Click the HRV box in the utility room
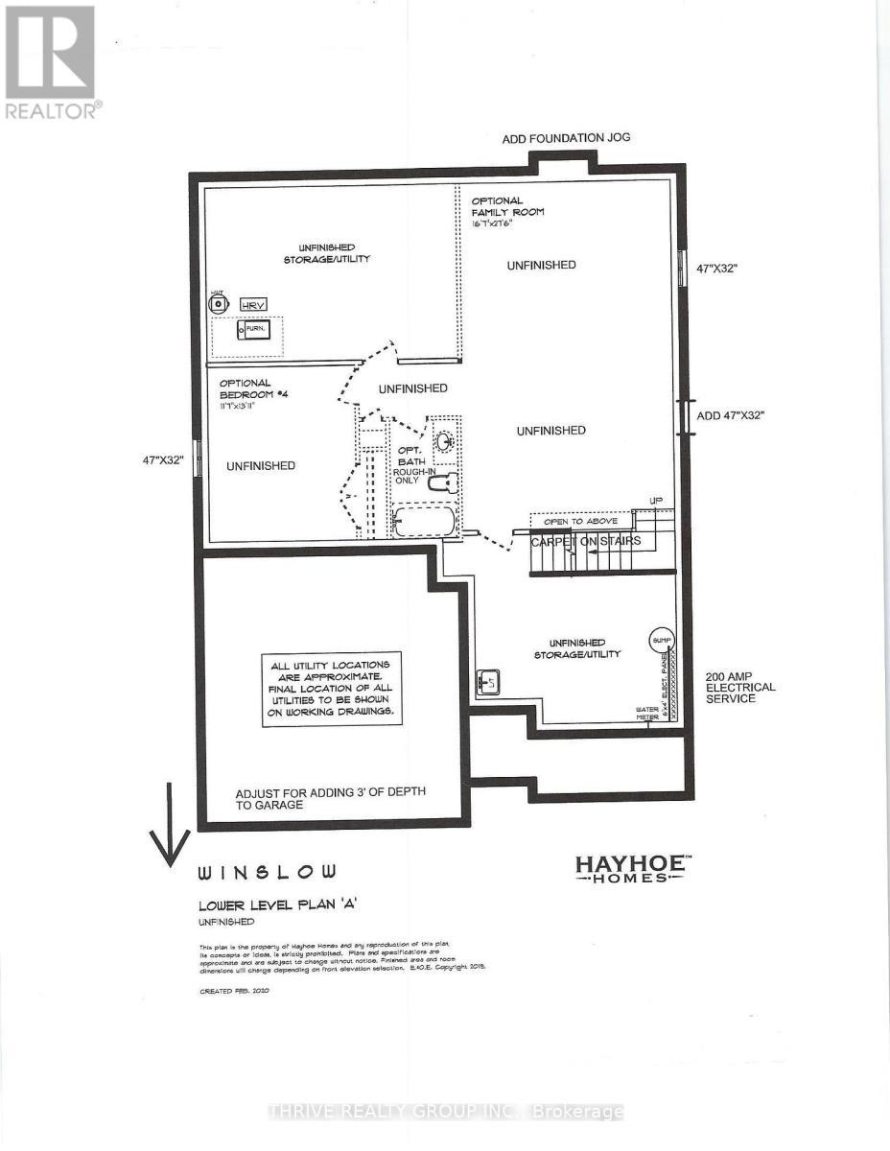[x=254, y=304]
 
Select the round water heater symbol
[x=220, y=304]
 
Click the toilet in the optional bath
[x=439, y=485]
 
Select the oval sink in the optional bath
[x=444, y=442]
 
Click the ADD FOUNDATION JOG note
[x=566, y=139]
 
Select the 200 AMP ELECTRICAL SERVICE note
[x=739, y=687]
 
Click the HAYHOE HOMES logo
[x=630, y=868]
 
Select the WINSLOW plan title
[x=267, y=873]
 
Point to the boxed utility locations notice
[x=331, y=690]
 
